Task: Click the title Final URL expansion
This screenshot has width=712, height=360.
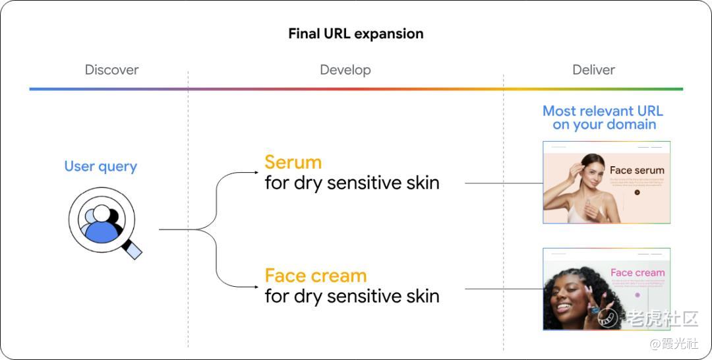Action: tap(355, 34)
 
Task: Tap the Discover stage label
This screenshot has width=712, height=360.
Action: tap(111, 70)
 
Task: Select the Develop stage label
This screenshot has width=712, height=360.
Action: tap(345, 70)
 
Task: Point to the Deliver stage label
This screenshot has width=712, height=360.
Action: tap(593, 70)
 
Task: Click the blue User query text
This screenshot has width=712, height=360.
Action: tap(100, 166)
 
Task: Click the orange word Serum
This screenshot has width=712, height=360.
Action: tap(293, 162)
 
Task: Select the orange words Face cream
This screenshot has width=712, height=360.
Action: tap(315, 276)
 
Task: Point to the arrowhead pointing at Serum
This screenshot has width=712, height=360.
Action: tap(256, 173)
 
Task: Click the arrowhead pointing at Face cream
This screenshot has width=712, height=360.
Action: tap(256, 287)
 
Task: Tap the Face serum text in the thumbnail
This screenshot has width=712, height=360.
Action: tap(637, 170)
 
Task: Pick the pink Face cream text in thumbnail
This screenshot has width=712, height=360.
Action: tap(637, 272)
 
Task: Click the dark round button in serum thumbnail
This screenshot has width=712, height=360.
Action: tap(637, 193)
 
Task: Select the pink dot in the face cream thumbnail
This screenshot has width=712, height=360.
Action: tap(637, 295)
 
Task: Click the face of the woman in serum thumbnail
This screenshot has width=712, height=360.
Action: tap(591, 169)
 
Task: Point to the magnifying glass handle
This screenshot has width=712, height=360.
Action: tap(134, 249)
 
